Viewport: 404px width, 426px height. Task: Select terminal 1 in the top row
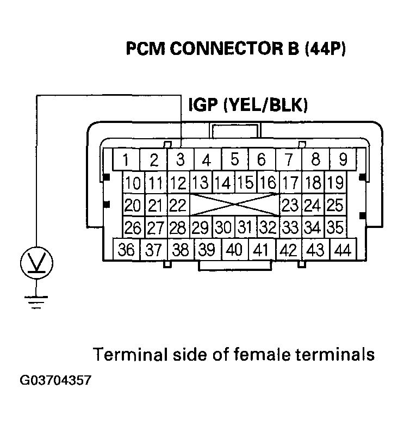point(126,160)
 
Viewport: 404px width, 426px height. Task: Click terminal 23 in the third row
point(291,206)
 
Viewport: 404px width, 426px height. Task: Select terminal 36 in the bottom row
point(126,250)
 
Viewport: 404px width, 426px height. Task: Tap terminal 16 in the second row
point(266,182)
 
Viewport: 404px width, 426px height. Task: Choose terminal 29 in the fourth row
point(200,227)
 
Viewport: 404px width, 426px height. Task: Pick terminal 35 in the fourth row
point(335,227)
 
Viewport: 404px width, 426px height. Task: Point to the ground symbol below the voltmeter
point(36,301)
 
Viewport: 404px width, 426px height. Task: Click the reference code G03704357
point(56,380)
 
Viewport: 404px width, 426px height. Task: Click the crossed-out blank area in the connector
point(234,206)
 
